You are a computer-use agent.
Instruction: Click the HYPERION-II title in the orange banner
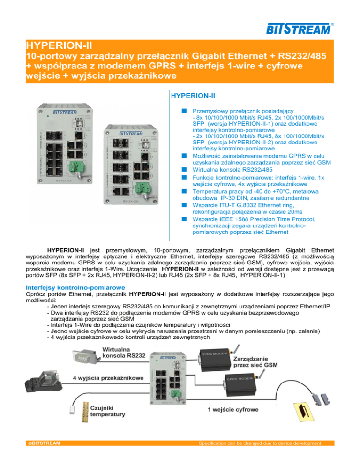point(59,47)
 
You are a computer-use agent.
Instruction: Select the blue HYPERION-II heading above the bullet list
point(192,96)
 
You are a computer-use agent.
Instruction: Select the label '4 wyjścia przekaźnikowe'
point(108,378)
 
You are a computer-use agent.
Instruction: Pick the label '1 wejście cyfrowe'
point(232,409)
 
